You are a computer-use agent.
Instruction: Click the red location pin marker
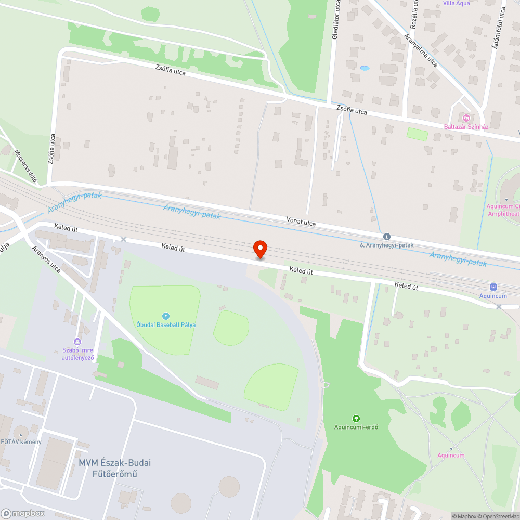[x=259, y=249]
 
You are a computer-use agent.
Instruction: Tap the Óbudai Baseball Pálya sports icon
[x=166, y=316]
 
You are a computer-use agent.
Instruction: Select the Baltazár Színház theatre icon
[x=465, y=118]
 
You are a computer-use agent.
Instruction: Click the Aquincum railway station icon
[x=493, y=287]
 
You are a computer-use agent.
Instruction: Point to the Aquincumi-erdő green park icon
[x=356, y=419]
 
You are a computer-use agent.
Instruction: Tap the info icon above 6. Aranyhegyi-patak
[x=386, y=237]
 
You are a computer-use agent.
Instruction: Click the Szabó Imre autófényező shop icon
[x=77, y=342]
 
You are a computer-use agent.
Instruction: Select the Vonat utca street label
[x=301, y=222]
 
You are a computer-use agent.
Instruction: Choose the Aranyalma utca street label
[x=421, y=50]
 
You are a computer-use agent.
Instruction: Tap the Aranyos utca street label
[x=46, y=259]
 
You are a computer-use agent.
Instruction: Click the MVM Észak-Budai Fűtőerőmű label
[x=114, y=468]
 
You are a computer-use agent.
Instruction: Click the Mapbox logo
[x=23, y=513]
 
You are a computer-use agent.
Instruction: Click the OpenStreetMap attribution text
[x=502, y=516]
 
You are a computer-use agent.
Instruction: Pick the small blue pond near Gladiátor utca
[x=365, y=68]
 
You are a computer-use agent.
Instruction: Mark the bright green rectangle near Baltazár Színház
[x=417, y=134]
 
